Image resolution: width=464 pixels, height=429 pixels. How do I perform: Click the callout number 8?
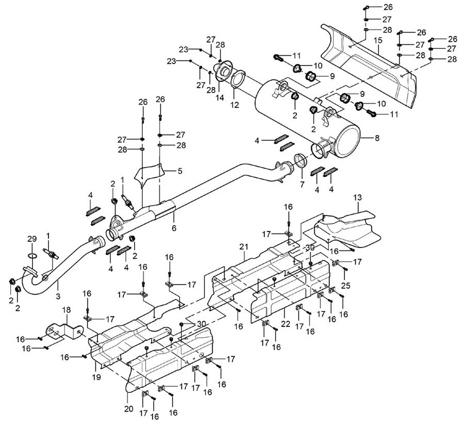pyautogui.click(x=377, y=138)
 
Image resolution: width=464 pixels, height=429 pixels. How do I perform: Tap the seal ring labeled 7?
pyautogui.click(x=301, y=161)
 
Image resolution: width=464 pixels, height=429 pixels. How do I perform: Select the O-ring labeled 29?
pyautogui.click(x=32, y=255)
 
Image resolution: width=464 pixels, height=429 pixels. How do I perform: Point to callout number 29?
pyautogui.click(x=32, y=239)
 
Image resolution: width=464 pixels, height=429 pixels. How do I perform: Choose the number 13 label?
pyautogui.click(x=357, y=197)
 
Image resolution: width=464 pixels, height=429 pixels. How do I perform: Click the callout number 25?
pyautogui.click(x=345, y=285)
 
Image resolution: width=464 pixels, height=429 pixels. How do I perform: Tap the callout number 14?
pyautogui.click(x=220, y=97)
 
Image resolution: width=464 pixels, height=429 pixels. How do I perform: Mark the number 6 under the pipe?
pyautogui.click(x=174, y=228)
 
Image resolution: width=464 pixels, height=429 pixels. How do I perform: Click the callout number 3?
pyautogui.click(x=58, y=295)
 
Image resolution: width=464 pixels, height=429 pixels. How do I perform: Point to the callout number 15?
pyautogui.click(x=378, y=40)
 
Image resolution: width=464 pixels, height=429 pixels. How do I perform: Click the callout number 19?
pyautogui.click(x=96, y=377)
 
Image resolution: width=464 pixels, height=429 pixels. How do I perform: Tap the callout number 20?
pyautogui.click(x=129, y=409)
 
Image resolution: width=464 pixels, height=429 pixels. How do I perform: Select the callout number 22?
pyautogui.click(x=286, y=324)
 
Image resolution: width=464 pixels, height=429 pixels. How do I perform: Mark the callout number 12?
pyautogui.click(x=235, y=105)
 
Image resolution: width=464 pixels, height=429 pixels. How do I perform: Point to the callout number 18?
pyautogui.click(x=67, y=310)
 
